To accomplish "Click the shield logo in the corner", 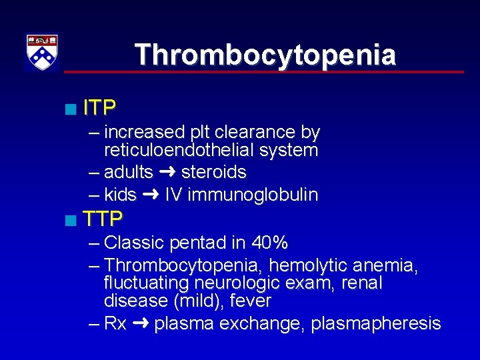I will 42,52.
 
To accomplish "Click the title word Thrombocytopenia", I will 265,55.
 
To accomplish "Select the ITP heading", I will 100,107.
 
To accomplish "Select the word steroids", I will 213,172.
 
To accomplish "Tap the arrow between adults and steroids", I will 167,172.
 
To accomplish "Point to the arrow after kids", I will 151,195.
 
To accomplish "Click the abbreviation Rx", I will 115,323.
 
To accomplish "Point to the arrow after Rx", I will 140,323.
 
